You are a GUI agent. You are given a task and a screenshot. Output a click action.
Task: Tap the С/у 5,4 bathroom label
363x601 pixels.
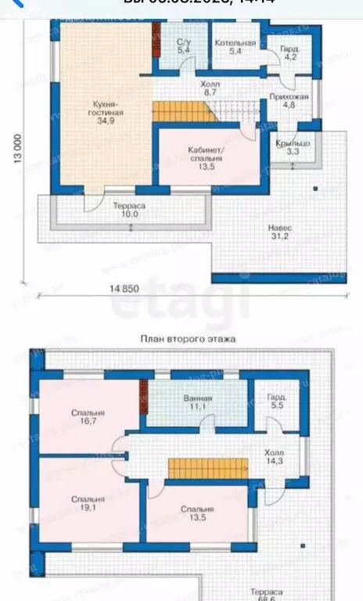(x=184, y=45)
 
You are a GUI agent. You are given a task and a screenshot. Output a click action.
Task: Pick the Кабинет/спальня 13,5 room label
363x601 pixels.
(x=207, y=157)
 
